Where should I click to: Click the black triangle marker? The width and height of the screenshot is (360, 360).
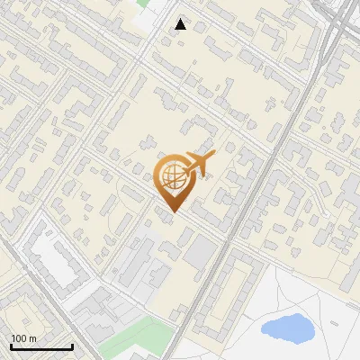tap(181, 24)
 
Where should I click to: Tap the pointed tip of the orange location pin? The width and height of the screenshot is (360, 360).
tap(173, 212)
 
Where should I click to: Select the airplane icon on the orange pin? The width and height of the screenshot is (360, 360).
tap(199, 164)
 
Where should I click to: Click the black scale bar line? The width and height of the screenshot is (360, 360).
tap(41, 346)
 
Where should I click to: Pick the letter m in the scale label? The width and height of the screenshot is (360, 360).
tap(31, 338)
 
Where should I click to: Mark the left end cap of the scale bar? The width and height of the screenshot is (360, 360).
tap(11, 346)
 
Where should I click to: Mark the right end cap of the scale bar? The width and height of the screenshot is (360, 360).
tap(72, 346)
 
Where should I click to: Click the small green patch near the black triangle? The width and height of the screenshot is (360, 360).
tap(142, 4)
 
